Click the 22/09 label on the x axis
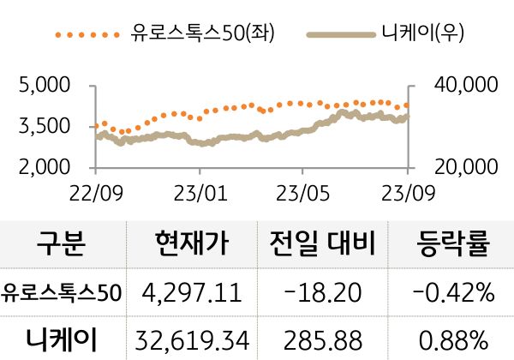click(96, 190)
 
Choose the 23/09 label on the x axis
click(407, 190)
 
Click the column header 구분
click(62, 245)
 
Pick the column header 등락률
click(452, 245)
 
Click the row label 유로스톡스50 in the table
click(62, 293)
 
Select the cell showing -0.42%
click(452, 293)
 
